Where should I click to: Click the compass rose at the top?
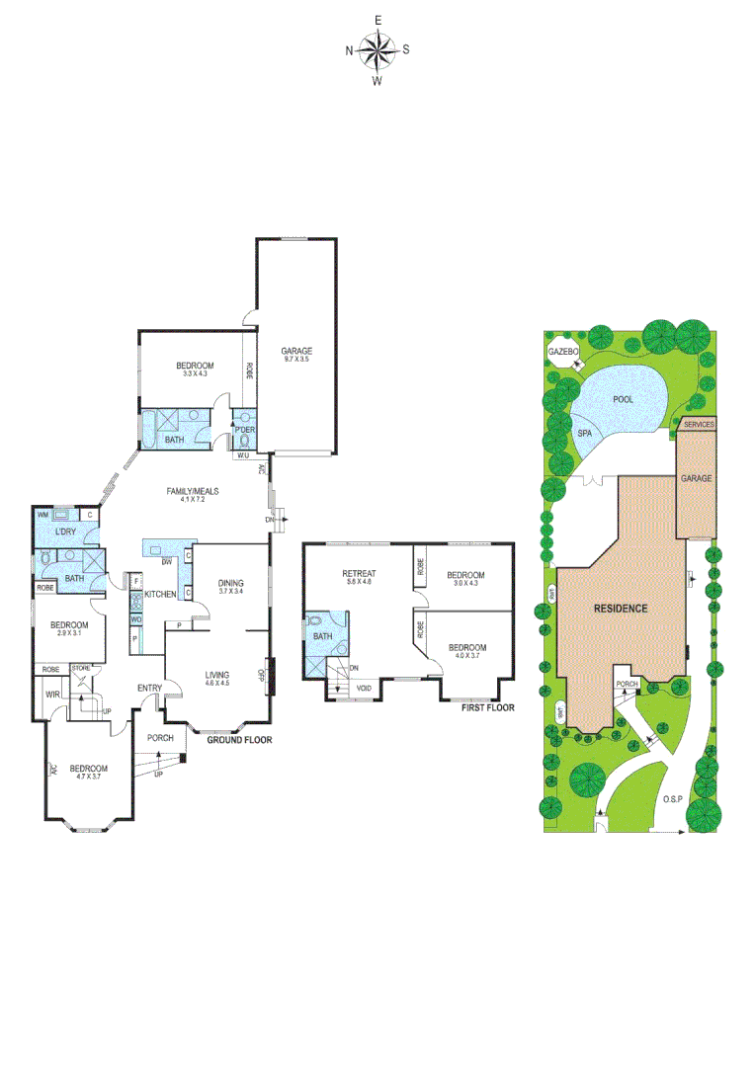[377, 49]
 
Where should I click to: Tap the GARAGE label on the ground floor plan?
[296, 351]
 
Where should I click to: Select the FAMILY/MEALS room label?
[199, 491]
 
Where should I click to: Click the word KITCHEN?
[160, 594]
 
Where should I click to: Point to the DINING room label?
[230, 583]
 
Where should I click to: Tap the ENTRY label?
[150, 689]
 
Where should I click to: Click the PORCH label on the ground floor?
[160, 738]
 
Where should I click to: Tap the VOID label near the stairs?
[363, 688]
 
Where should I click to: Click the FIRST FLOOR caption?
[488, 707]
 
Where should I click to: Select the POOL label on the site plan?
[623, 399]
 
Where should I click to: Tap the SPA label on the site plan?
[584, 433]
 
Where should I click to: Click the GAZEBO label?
[562, 351]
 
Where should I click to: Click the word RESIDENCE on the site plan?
[620, 608]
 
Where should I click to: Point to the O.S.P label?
[675, 799]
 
